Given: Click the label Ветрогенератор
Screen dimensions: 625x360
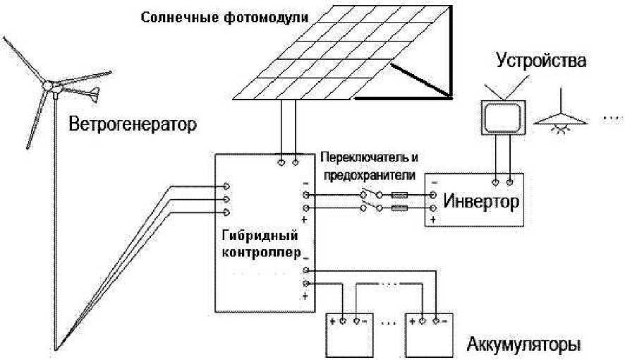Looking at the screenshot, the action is point(133,124).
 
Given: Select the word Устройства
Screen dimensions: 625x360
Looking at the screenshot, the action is point(541,61).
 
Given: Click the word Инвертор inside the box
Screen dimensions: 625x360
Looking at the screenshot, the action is point(481,201).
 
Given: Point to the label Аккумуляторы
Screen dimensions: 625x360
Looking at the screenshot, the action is point(523,344).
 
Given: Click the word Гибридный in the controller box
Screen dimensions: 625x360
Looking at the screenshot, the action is point(260,235).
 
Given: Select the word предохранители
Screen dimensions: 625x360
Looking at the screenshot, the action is point(369,175).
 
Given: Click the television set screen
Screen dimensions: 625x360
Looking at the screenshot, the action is point(503,117).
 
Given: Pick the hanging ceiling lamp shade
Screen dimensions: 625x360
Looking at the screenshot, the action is point(560,119).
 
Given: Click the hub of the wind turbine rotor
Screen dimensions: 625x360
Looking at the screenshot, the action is point(48,85).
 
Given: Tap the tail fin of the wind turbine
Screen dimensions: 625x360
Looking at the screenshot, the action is point(95,94).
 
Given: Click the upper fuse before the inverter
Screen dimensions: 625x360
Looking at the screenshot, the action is point(399,195).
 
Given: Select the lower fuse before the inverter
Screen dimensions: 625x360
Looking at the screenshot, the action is point(399,208).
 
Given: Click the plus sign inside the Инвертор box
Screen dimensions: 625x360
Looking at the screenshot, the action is point(433,220).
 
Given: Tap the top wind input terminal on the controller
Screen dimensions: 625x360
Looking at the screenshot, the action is point(226,186).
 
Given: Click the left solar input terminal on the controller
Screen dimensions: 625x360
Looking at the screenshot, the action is point(281,162).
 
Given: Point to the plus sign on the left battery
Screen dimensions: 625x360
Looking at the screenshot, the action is point(332,321).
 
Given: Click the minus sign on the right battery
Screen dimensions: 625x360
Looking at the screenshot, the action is point(445,321).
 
